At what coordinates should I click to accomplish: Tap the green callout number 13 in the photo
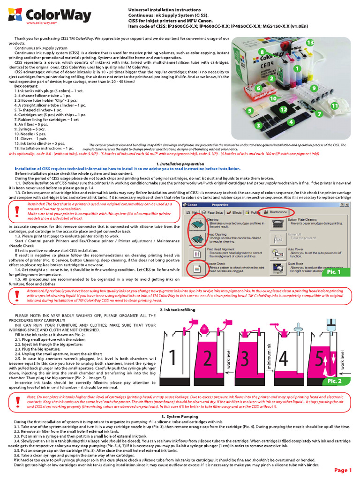(x=310, y=43)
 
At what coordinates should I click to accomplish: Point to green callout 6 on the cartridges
(x=258, y=88)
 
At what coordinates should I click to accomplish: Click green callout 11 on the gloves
(x=334, y=106)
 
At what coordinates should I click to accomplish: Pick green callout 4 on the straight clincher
(x=291, y=122)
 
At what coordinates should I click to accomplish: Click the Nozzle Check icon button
(x=194, y=269)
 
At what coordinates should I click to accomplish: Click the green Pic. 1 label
(x=334, y=271)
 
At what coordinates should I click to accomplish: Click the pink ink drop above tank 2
(x=203, y=327)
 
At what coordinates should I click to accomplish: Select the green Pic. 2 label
(x=334, y=380)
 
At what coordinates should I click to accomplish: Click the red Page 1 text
(x=343, y=470)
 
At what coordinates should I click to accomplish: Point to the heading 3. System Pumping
(x=180, y=416)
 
